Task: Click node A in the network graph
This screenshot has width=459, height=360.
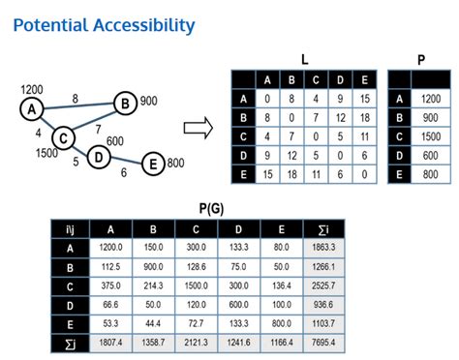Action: click(x=32, y=109)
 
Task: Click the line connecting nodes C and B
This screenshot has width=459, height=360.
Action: click(x=93, y=120)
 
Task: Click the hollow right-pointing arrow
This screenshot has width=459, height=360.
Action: click(x=198, y=126)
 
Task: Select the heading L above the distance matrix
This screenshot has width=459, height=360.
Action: click(x=304, y=60)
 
